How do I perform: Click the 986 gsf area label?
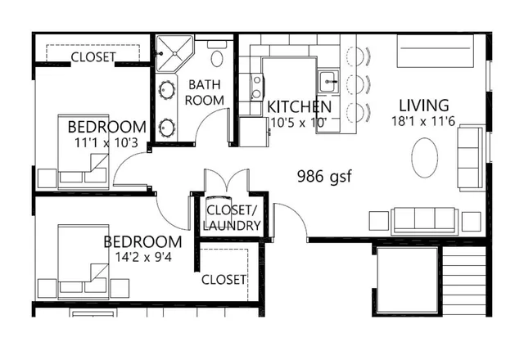coord(323,176)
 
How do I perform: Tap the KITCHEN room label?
coord(300,107)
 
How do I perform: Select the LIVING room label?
coord(423,106)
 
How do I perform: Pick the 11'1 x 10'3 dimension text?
coord(106,142)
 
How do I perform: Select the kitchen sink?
coord(328,81)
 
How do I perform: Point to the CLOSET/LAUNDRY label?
coord(232,218)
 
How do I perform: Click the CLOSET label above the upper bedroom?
coord(93,57)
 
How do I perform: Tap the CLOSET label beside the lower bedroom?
coord(224,279)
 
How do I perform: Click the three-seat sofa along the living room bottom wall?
coord(425,219)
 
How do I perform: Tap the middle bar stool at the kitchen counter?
coord(357,84)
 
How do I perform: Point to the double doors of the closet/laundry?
coord(225,182)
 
